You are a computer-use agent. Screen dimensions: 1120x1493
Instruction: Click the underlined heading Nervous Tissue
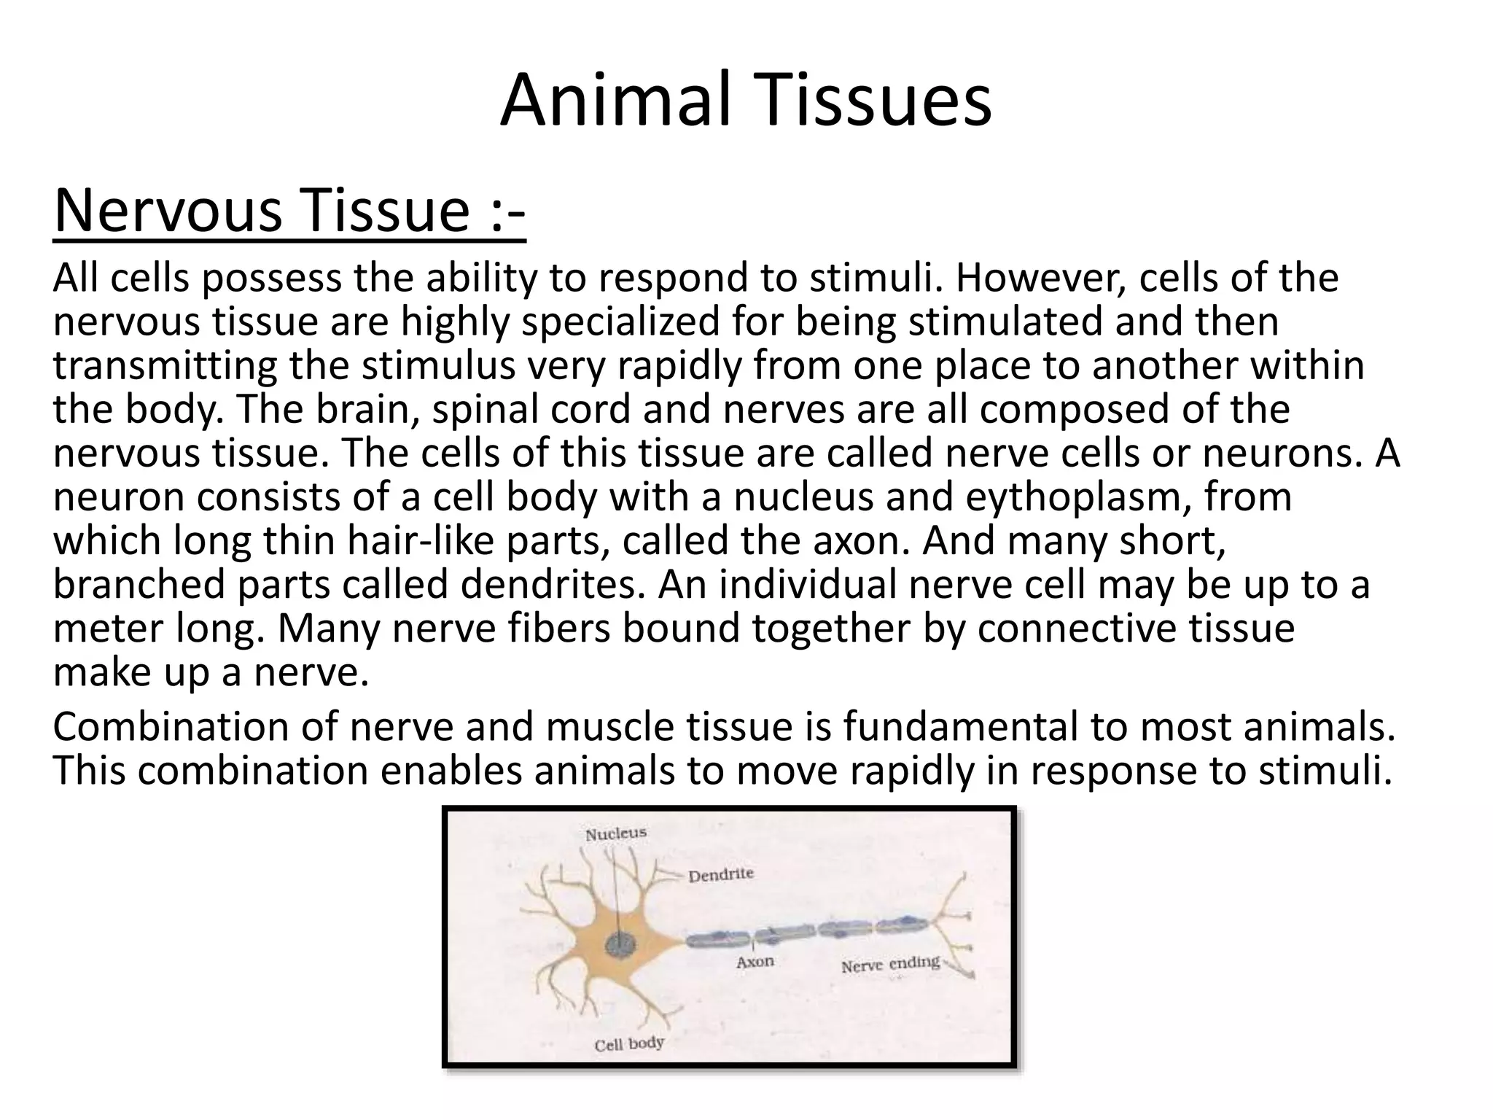(x=289, y=211)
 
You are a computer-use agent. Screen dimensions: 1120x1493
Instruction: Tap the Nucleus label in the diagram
(x=616, y=833)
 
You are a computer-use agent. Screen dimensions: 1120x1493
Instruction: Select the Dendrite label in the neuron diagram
(x=721, y=874)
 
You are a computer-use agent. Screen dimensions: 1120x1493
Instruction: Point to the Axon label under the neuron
(x=755, y=962)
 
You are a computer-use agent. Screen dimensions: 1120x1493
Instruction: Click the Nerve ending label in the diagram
(x=890, y=965)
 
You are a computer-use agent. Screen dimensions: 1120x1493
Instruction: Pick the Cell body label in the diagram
(x=629, y=1044)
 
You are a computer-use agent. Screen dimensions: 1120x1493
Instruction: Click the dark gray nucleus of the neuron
(x=620, y=946)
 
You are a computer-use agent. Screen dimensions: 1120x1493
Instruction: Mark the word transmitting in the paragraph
(x=165, y=367)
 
